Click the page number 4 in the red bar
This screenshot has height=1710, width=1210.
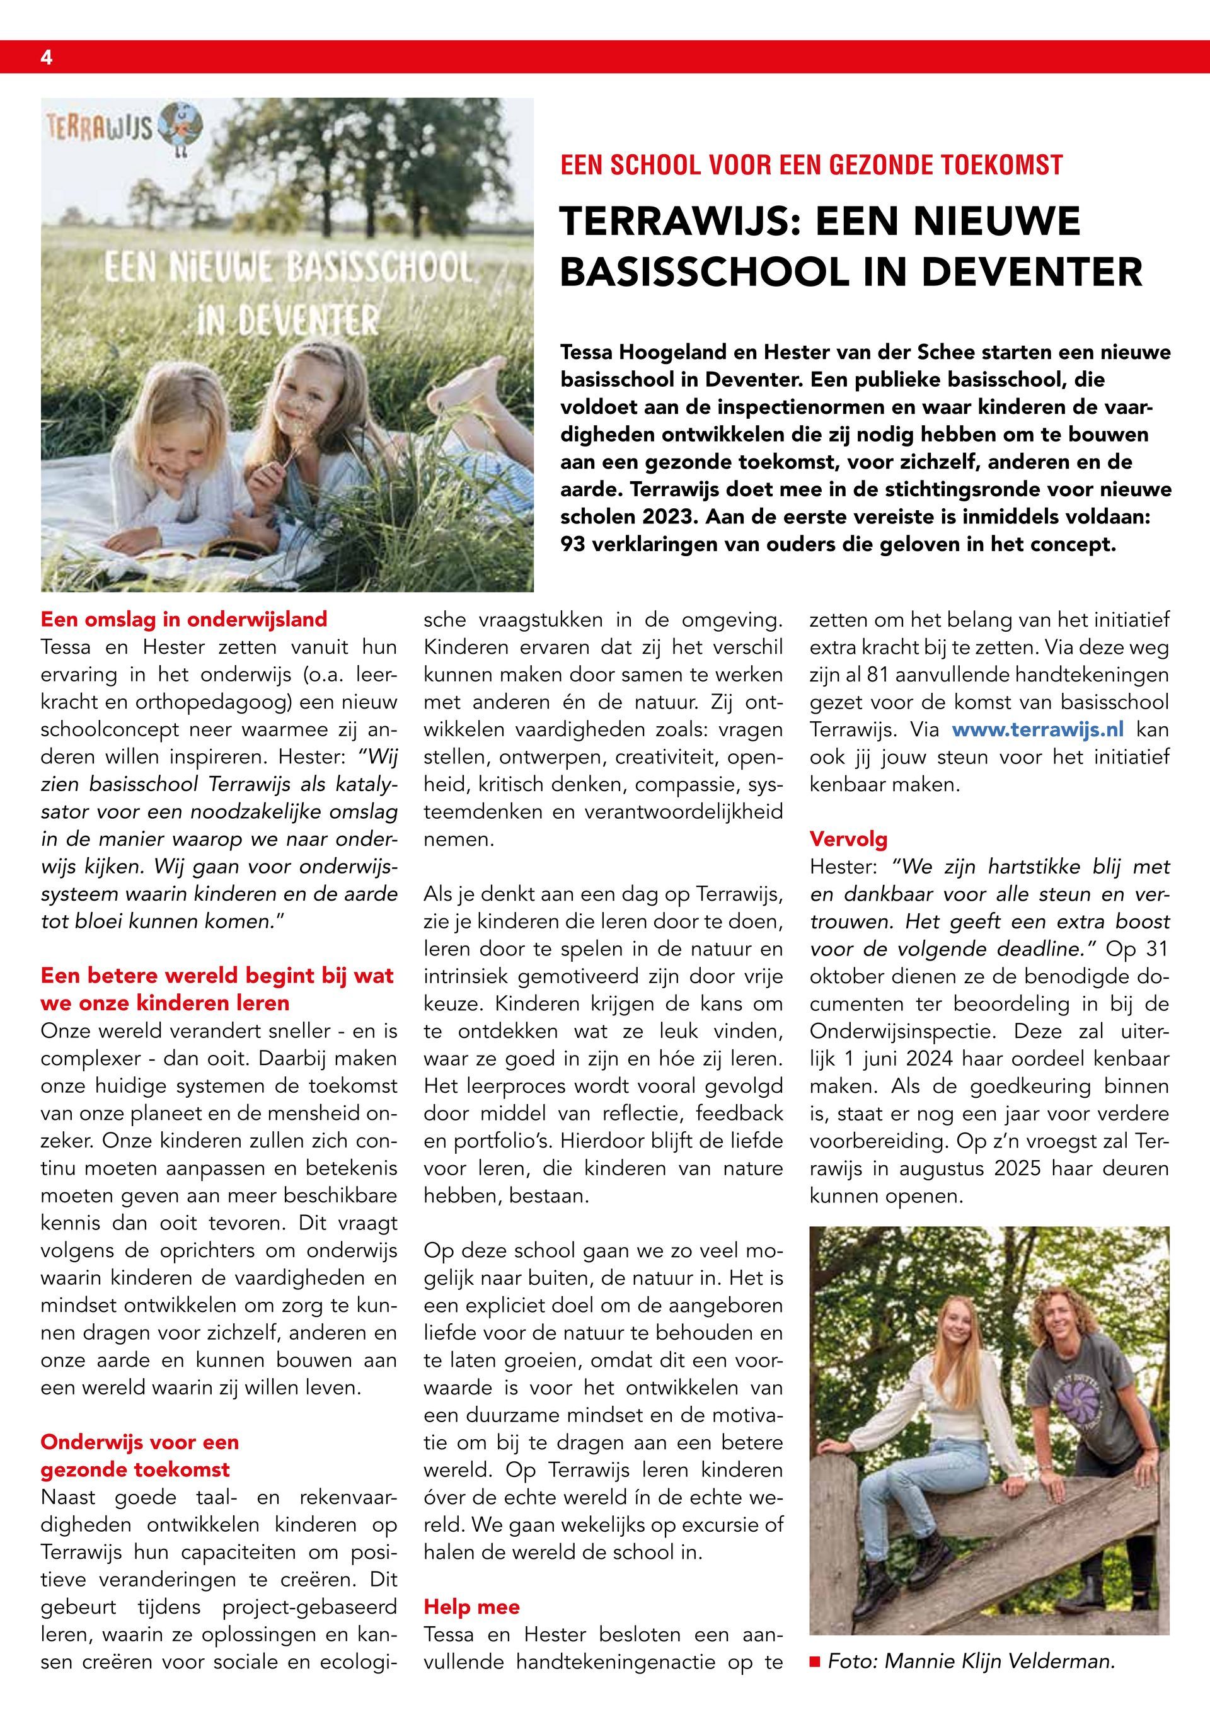coord(46,58)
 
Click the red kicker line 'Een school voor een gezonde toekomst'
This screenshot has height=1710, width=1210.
coord(810,164)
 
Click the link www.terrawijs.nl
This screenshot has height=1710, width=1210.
coord(1039,730)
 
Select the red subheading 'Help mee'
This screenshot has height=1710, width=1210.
coord(471,1607)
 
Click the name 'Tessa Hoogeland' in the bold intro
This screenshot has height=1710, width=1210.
coord(635,351)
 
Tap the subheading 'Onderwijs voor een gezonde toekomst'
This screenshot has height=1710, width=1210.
coord(140,1456)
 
